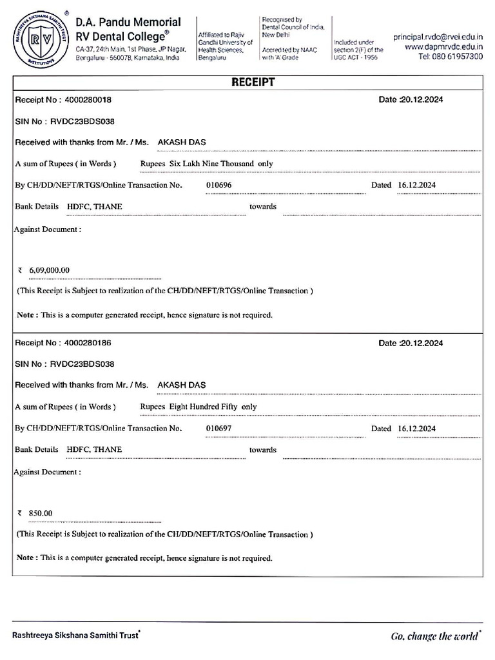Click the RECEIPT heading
tap(253, 82)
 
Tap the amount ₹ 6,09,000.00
tap(49, 270)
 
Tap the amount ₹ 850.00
tap(40, 513)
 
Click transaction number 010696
tap(218, 185)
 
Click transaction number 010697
tap(218, 428)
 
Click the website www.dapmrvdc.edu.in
tap(444, 47)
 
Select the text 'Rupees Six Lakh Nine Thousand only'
tap(206, 164)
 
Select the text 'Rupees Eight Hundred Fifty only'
tap(198, 407)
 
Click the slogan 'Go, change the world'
tap(434, 636)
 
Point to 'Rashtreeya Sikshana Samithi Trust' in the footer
tap(75, 635)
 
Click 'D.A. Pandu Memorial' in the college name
tap(128, 23)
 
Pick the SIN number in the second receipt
tap(82, 364)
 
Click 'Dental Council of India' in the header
tap(293, 27)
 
